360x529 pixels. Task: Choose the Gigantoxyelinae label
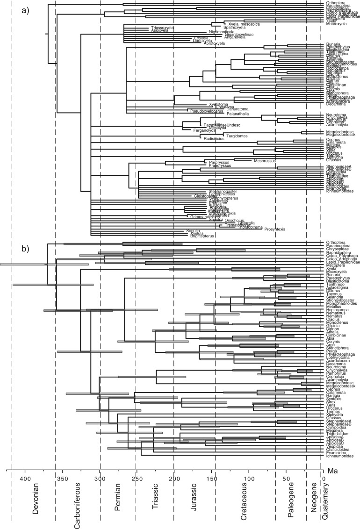[230, 35]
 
